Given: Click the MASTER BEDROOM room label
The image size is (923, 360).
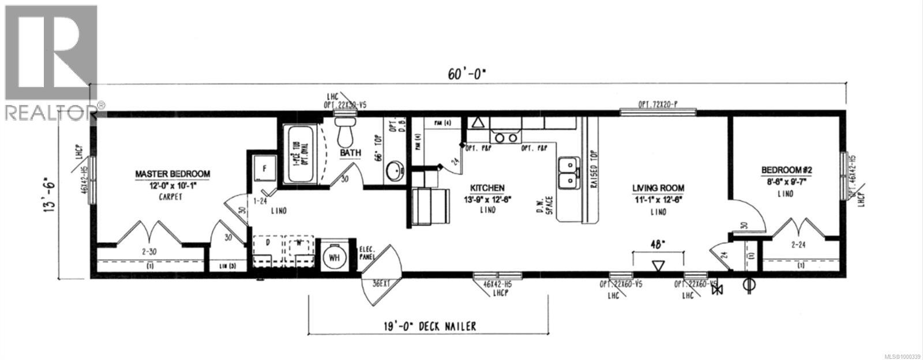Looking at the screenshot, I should [x=172, y=174].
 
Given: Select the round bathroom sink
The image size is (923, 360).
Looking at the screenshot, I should [x=395, y=171].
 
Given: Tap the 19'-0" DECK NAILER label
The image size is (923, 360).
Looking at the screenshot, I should [x=429, y=327].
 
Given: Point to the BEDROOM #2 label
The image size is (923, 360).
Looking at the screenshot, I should [x=786, y=170].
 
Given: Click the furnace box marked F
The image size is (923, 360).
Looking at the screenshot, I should [x=264, y=170].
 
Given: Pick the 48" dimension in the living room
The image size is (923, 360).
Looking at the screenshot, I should [x=658, y=244].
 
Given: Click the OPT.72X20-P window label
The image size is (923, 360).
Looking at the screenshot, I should [x=658, y=104].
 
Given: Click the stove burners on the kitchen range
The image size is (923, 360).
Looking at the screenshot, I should [x=506, y=138].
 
